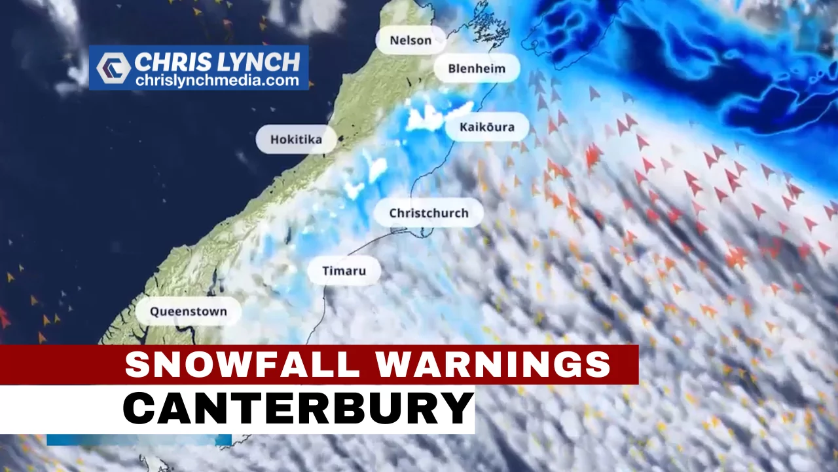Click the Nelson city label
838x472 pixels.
(410, 41)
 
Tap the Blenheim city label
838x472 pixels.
(477, 68)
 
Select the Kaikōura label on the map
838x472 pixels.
(487, 127)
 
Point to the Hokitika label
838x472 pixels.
(296, 140)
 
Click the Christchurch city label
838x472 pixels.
(429, 213)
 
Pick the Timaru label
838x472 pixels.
(344, 270)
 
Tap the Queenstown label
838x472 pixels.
(189, 311)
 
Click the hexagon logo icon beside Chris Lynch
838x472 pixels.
(113, 68)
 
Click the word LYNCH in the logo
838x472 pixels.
(261, 62)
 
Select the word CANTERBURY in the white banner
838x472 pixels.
(298, 408)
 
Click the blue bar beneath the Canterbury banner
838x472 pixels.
(139, 439)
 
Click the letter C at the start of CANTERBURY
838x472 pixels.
(139, 408)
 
